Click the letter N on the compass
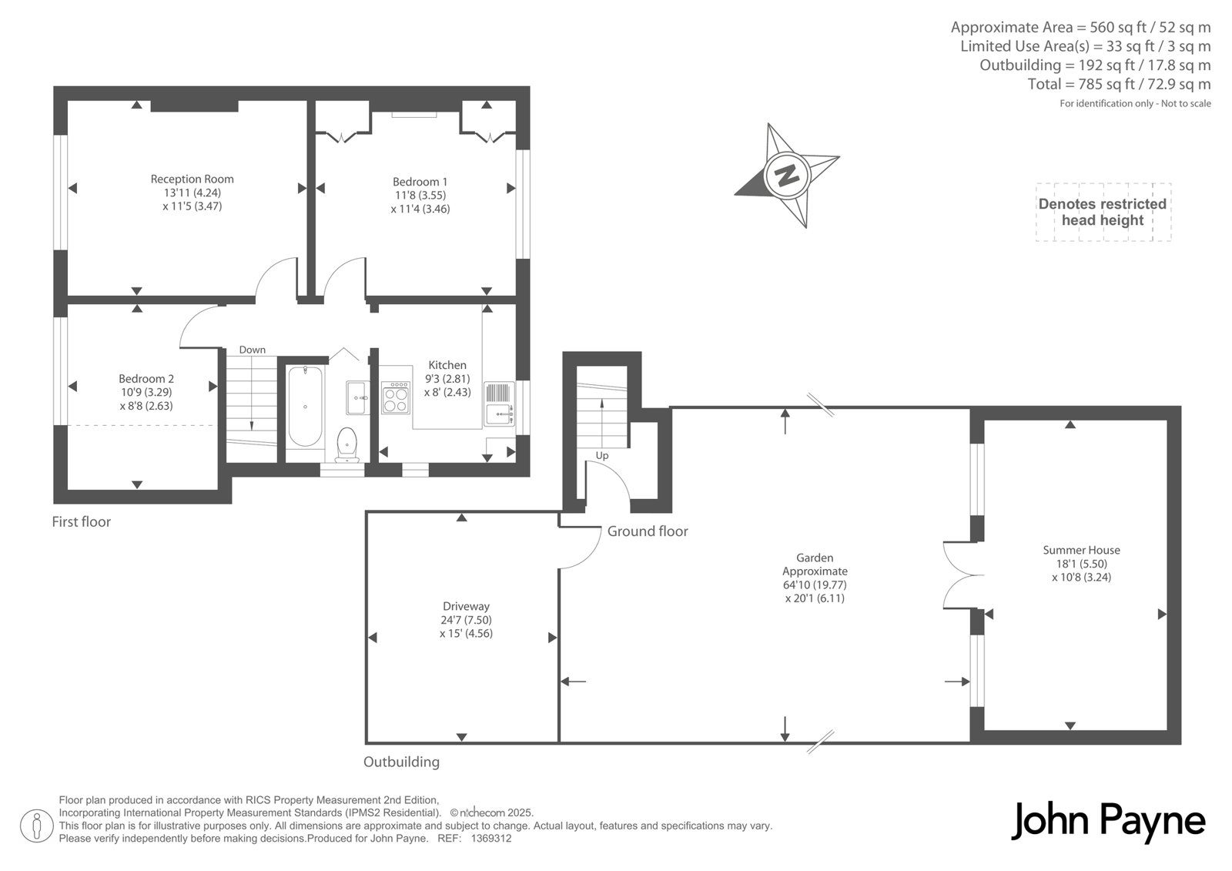pyautogui.click(x=787, y=175)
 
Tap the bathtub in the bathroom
pyautogui.click(x=305, y=406)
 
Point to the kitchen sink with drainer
pyautogui.click(x=500, y=404)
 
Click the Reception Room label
pyautogui.click(x=192, y=179)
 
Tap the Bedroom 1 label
pyautogui.click(x=420, y=182)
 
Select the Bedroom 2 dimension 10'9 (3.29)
pyautogui.click(x=146, y=392)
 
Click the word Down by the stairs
pyautogui.click(x=253, y=350)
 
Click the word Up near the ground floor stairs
pyautogui.click(x=602, y=456)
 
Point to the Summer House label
pyautogui.click(x=1081, y=550)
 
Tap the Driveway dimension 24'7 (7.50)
pyautogui.click(x=467, y=619)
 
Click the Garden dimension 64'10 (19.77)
pyautogui.click(x=815, y=585)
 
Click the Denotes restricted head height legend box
pyautogui.click(x=1103, y=213)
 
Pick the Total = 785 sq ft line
pyautogui.click(x=1120, y=84)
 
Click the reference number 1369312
pyautogui.click(x=491, y=839)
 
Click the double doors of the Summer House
pyautogui.click(x=963, y=575)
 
